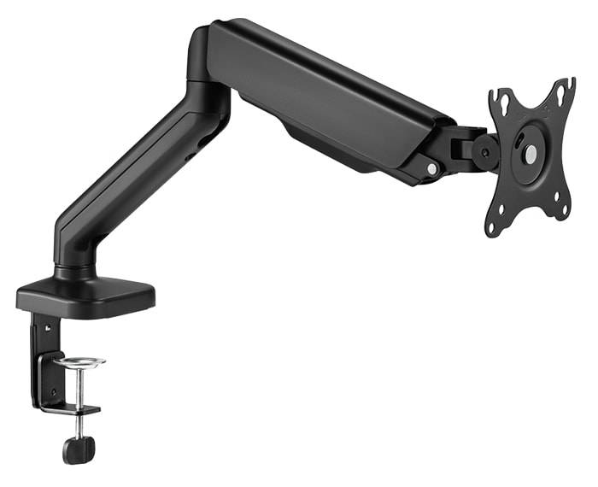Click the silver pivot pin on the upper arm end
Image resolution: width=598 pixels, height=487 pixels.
click(432, 168)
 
